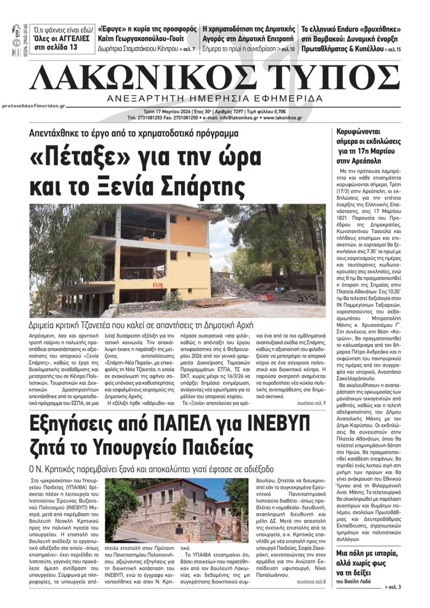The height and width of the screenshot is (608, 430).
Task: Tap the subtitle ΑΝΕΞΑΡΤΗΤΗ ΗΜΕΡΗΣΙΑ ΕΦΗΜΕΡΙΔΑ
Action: (215, 98)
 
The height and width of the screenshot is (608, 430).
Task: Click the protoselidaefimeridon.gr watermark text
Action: (33, 106)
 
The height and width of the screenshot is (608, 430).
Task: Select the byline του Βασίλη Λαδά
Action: (352, 582)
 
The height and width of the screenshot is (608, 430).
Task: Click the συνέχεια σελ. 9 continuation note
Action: (311, 404)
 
